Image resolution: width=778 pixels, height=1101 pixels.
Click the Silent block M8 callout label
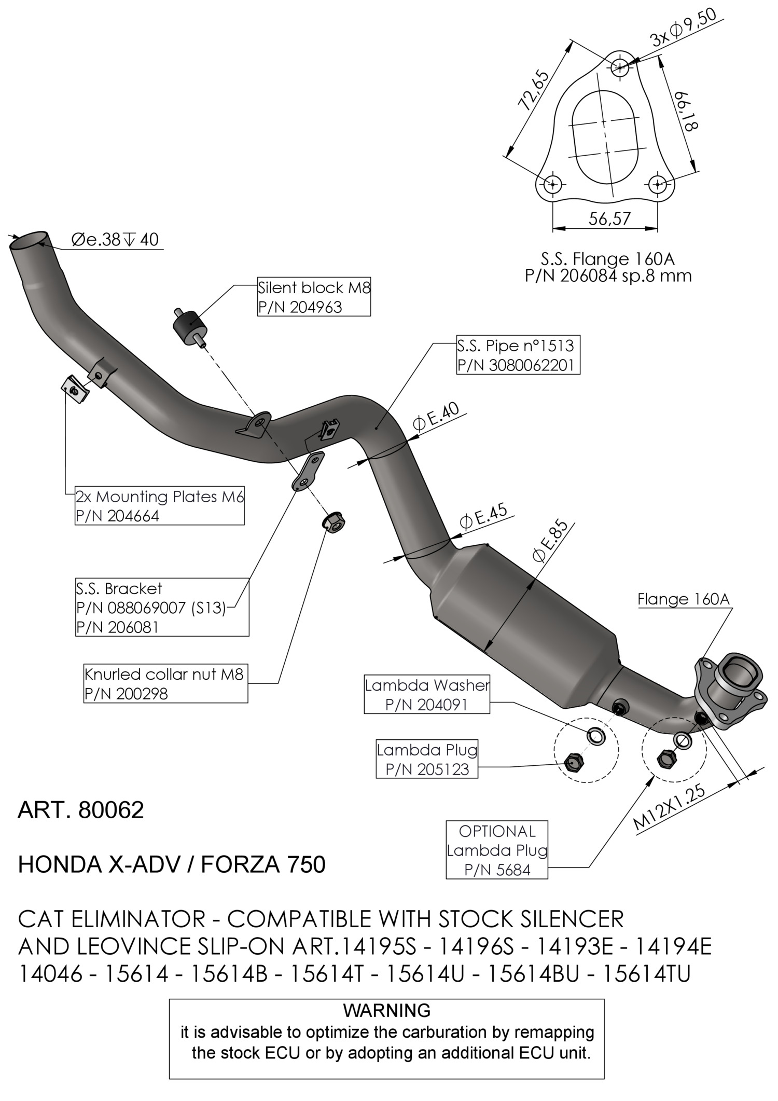314,297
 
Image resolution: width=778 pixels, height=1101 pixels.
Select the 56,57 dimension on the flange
609,219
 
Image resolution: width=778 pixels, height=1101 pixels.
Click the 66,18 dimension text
686,111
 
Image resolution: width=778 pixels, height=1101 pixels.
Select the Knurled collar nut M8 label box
165,683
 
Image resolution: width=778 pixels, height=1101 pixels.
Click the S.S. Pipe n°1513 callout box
518,355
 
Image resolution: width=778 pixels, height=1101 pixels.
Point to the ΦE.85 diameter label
550,542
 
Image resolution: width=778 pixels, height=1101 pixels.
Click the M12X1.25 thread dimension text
670,807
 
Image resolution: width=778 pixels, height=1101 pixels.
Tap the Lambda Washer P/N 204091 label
427,695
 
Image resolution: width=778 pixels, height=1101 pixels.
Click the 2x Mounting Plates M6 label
159,506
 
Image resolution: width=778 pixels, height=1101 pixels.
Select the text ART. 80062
81,810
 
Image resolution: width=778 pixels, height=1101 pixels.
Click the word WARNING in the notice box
386,1010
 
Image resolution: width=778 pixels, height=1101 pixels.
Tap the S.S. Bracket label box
162,608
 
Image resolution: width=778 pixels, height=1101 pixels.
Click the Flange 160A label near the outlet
683,599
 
